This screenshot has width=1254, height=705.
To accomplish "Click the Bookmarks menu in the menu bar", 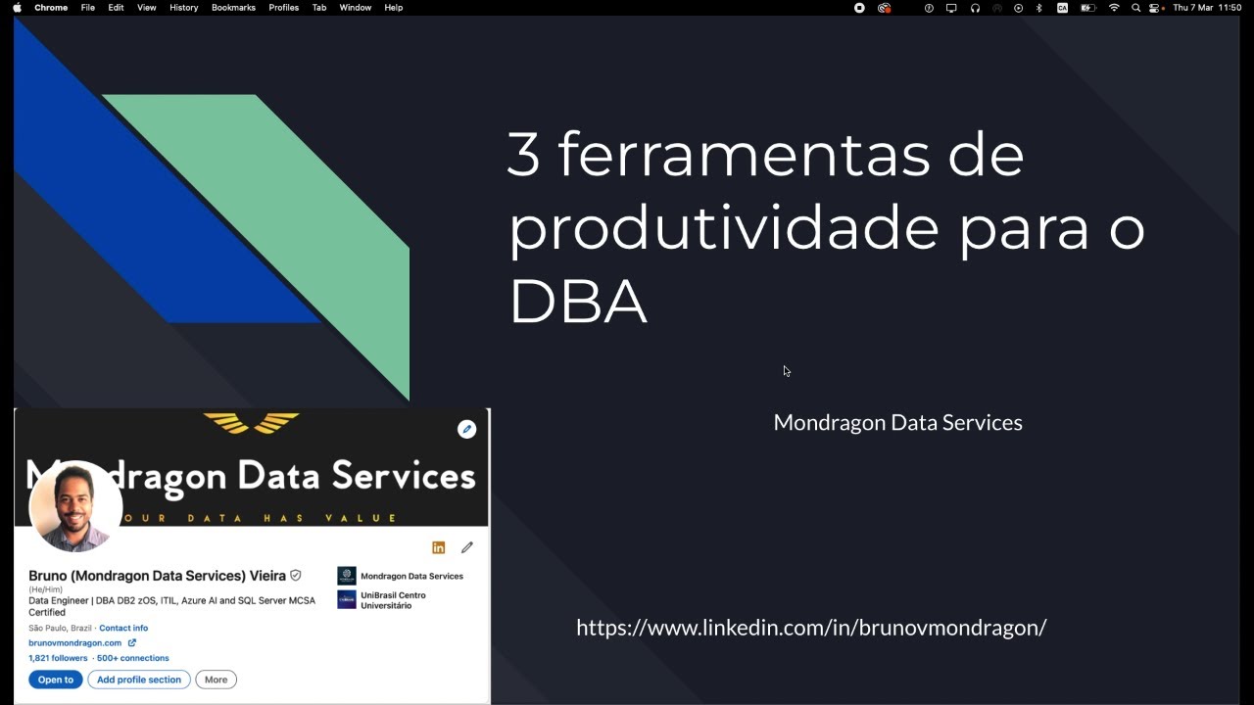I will coord(233,8).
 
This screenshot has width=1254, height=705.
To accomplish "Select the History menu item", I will coord(183,8).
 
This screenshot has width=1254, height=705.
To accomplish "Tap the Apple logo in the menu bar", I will coord(17,8).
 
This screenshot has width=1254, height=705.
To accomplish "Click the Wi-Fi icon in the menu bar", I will coord(1114,8).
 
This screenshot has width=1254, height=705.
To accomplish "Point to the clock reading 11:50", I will coord(1230,8).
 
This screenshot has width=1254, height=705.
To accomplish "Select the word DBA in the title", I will coord(578,302).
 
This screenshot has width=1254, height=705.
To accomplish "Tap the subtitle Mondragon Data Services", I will coord(897,422).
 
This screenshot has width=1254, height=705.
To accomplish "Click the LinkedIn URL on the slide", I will coord(811,628).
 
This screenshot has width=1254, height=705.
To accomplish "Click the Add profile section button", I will coord(139,680).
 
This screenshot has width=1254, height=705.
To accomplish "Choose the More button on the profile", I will coord(216,680).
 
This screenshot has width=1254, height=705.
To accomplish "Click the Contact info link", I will coord(123,628).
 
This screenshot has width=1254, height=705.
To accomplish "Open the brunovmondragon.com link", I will coord(75,643).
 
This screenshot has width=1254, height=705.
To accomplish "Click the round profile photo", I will coord(75,506).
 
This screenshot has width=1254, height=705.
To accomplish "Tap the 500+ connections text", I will coord(133,658).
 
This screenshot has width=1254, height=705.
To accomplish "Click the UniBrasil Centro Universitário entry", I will coord(392,600).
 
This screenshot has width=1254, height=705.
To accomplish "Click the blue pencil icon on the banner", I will coord(466,429).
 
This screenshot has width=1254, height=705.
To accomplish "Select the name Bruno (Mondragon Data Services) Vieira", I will coord(157,576).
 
